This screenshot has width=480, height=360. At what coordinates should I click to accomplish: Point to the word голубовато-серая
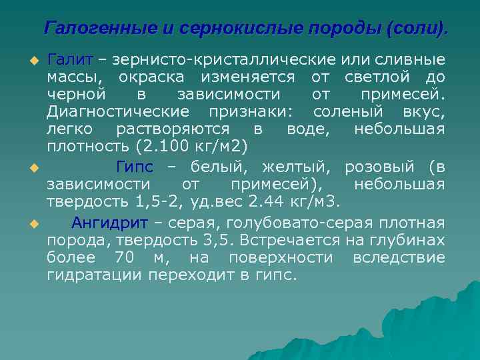point(290,223)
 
